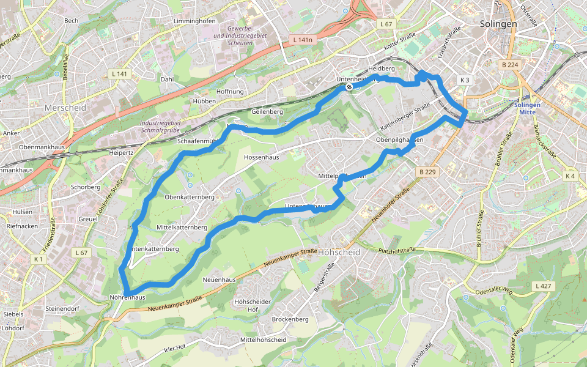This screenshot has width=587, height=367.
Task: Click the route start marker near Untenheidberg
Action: [349, 87]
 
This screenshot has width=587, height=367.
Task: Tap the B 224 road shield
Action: [509, 65]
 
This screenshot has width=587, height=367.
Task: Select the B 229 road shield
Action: [427, 172]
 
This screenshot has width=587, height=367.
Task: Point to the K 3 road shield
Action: [465, 80]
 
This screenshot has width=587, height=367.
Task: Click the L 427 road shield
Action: [542, 286]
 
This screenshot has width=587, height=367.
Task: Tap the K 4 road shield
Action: [570, 176]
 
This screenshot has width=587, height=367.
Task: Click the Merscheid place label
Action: [65, 107]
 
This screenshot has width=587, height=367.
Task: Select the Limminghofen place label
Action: [194, 21]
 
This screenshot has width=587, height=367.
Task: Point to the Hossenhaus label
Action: [261, 157]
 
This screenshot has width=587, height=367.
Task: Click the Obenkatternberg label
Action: [190, 197]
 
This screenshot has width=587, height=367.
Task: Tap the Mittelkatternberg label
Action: [182, 227]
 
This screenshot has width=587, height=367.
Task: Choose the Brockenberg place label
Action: [290, 319]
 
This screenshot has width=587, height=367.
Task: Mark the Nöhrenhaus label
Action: [127, 297]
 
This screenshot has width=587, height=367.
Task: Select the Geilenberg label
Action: [267, 112]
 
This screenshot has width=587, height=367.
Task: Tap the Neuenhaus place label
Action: [219, 280]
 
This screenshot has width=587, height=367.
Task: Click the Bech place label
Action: [72, 21]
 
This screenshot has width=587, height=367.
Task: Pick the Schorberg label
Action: [86, 187]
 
